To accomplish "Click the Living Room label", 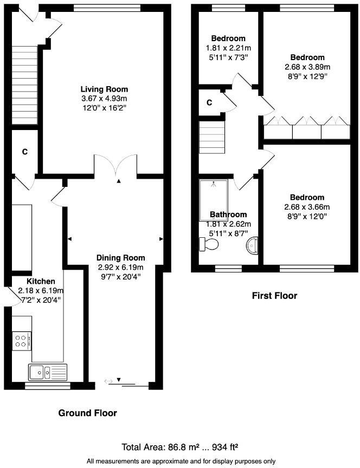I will pos(105,89).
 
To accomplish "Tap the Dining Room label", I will pos(120,258).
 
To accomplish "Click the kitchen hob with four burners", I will pos(22,341).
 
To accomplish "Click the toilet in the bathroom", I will pos(209,245).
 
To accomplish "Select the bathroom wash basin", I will pos(252,245).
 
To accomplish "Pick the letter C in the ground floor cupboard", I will pos(24,152).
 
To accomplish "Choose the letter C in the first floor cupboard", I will pos(209,102).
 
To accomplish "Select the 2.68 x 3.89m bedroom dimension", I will pos(307,67).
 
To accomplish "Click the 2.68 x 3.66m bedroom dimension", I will pos(307,207).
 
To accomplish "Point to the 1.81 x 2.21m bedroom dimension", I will pos(228,48).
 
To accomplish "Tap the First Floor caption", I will pos(274,296).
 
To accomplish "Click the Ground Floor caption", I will pos(87,413).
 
